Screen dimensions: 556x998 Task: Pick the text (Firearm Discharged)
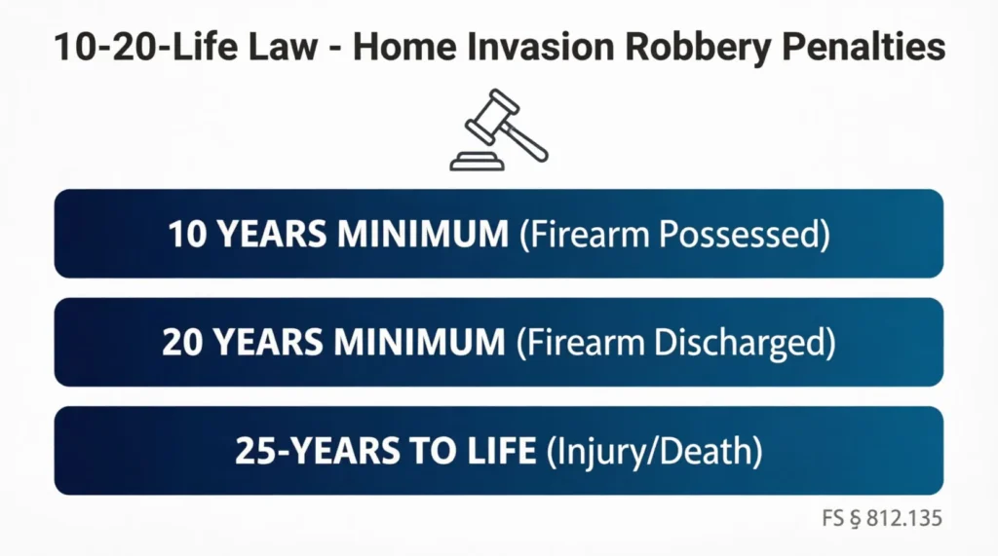674,342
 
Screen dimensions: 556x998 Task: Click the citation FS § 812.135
883,518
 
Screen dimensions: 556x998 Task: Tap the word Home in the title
399,48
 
